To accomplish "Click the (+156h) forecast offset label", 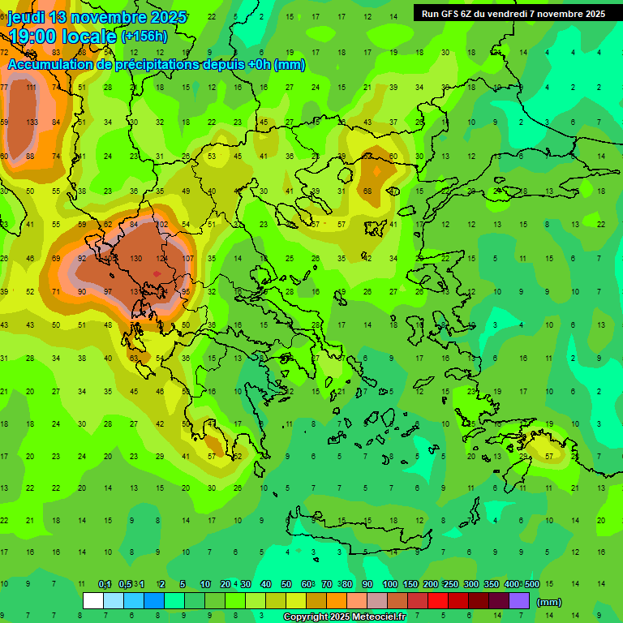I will (x=144, y=36).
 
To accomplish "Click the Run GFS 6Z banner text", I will (x=446, y=13).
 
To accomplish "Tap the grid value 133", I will (x=32, y=122).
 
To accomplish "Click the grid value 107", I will (x=188, y=258).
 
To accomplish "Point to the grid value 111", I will (x=32, y=87).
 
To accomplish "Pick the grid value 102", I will (x=161, y=225).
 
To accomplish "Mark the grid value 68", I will (x=367, y=191).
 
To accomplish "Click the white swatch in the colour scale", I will (x=93, y=600).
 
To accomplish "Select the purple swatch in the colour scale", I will (x=519, y=600).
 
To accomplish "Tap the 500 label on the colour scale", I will (x=531, y=584).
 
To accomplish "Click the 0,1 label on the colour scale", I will (x=105, y=584).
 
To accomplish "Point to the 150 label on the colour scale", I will (x=410, y=584).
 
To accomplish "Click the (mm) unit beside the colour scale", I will (x=549, y=602).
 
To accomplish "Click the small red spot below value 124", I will (x=157, y=274).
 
